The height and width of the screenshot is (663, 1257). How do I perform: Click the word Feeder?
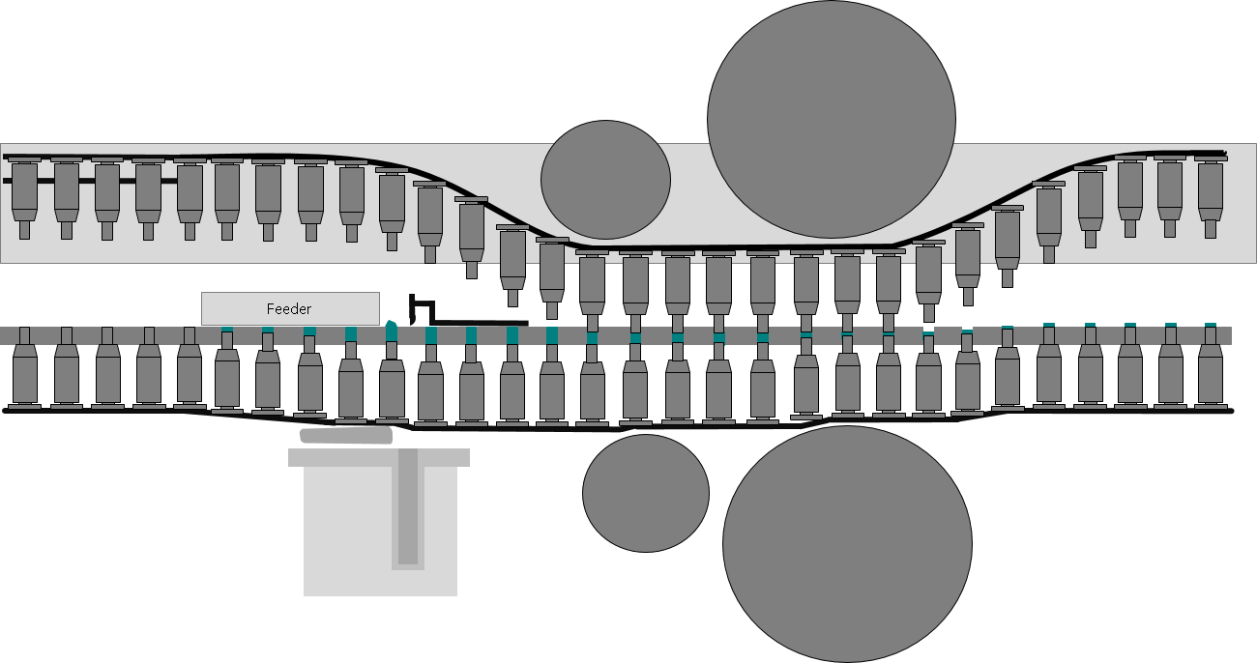288,308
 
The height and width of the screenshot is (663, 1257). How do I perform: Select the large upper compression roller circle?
832,119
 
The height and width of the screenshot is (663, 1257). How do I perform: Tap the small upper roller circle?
605,180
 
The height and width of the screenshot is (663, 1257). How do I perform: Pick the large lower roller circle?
847,544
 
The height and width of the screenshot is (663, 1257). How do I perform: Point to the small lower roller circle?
646,493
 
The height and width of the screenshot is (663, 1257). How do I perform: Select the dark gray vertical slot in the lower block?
408,507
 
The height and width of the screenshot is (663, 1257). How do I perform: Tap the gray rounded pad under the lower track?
346,435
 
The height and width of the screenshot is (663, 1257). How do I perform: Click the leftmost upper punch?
24,198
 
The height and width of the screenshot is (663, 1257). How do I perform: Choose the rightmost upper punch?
1211,197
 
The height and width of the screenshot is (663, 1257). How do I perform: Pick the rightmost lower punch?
1211,368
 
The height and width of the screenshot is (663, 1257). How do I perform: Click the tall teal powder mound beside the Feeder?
392,331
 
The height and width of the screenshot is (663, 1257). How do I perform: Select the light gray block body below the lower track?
380,530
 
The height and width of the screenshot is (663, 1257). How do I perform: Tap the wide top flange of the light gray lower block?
379,457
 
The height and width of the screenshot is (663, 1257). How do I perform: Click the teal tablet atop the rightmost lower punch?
1211,325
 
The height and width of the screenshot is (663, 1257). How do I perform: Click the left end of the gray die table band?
1,335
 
